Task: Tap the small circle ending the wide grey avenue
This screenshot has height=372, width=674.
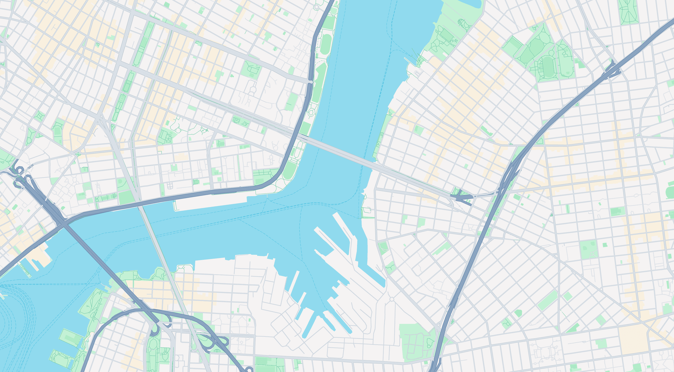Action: (x=311, y=82)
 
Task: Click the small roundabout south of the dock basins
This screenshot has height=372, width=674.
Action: (x=392, y=299)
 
